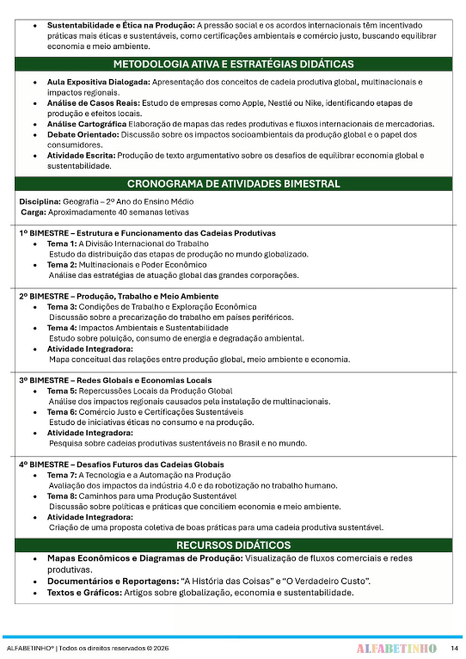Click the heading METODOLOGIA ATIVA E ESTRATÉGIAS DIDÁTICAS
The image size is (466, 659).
pos(232,65)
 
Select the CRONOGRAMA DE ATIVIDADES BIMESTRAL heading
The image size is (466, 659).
pos(232,184)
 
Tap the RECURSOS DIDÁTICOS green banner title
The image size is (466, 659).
pos(232,545)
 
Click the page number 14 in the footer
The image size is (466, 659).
pos(454,647)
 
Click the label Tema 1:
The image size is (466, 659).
pos(61,243)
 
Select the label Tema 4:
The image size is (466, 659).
pos(61,328)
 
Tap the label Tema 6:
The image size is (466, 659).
pos(61,412)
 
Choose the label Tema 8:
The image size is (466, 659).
pos(61,496)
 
